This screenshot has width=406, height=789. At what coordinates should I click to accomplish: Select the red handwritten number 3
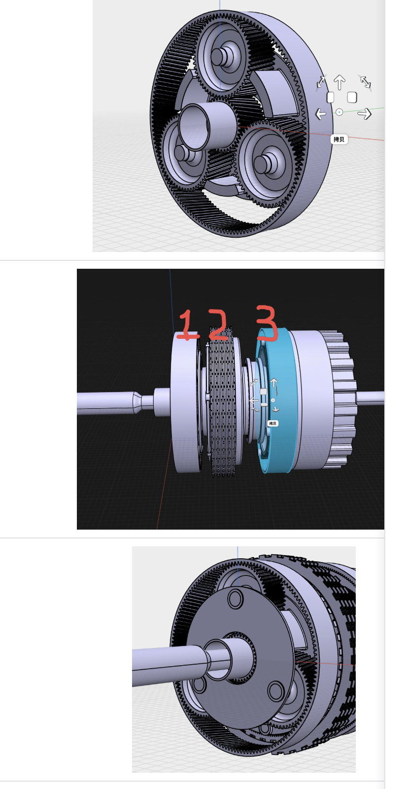[x=267, y=323]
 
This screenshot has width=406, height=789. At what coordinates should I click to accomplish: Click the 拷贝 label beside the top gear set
[x=339, y=140]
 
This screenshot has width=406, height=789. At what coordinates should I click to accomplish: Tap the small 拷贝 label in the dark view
[x=272, y=424]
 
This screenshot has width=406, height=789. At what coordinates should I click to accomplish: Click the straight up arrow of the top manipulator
[x=339, y=82]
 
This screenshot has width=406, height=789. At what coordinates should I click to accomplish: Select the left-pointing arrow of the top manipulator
[x=320, y=114]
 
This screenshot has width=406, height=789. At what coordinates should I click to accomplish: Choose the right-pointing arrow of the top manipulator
[x=365, y=114]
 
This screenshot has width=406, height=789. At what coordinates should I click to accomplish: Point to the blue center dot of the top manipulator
[x=339, y=112]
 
